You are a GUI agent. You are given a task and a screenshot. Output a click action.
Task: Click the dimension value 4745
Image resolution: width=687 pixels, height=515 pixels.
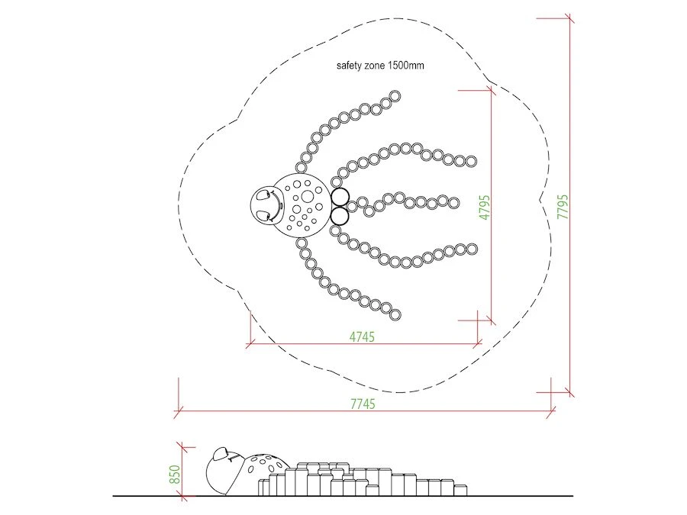click(x=362, y=336)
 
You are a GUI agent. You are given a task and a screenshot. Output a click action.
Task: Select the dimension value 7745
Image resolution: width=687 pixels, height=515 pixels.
click(x=363, y=404)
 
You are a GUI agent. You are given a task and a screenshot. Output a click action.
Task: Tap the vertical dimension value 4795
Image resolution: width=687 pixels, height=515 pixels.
click(x=485, y=208)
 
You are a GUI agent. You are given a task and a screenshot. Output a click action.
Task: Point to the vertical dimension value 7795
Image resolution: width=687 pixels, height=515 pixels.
click(x=563, y=207)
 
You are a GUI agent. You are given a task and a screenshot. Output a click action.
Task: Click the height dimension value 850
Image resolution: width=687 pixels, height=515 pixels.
click(x=174, y=475)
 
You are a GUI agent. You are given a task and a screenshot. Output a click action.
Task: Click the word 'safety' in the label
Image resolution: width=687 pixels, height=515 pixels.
click(x=349, y=66)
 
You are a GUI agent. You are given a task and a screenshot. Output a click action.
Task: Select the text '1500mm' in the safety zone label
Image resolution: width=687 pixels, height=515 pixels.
click(x=406, y=66)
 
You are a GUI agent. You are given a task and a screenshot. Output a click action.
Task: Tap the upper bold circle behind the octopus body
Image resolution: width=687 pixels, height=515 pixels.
click(x=340, y=197)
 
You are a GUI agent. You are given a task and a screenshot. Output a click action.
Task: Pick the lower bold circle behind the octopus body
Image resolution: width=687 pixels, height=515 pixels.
click(x=340, y=216)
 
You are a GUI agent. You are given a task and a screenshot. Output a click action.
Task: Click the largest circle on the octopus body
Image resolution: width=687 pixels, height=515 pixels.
click(x=306, y=195)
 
